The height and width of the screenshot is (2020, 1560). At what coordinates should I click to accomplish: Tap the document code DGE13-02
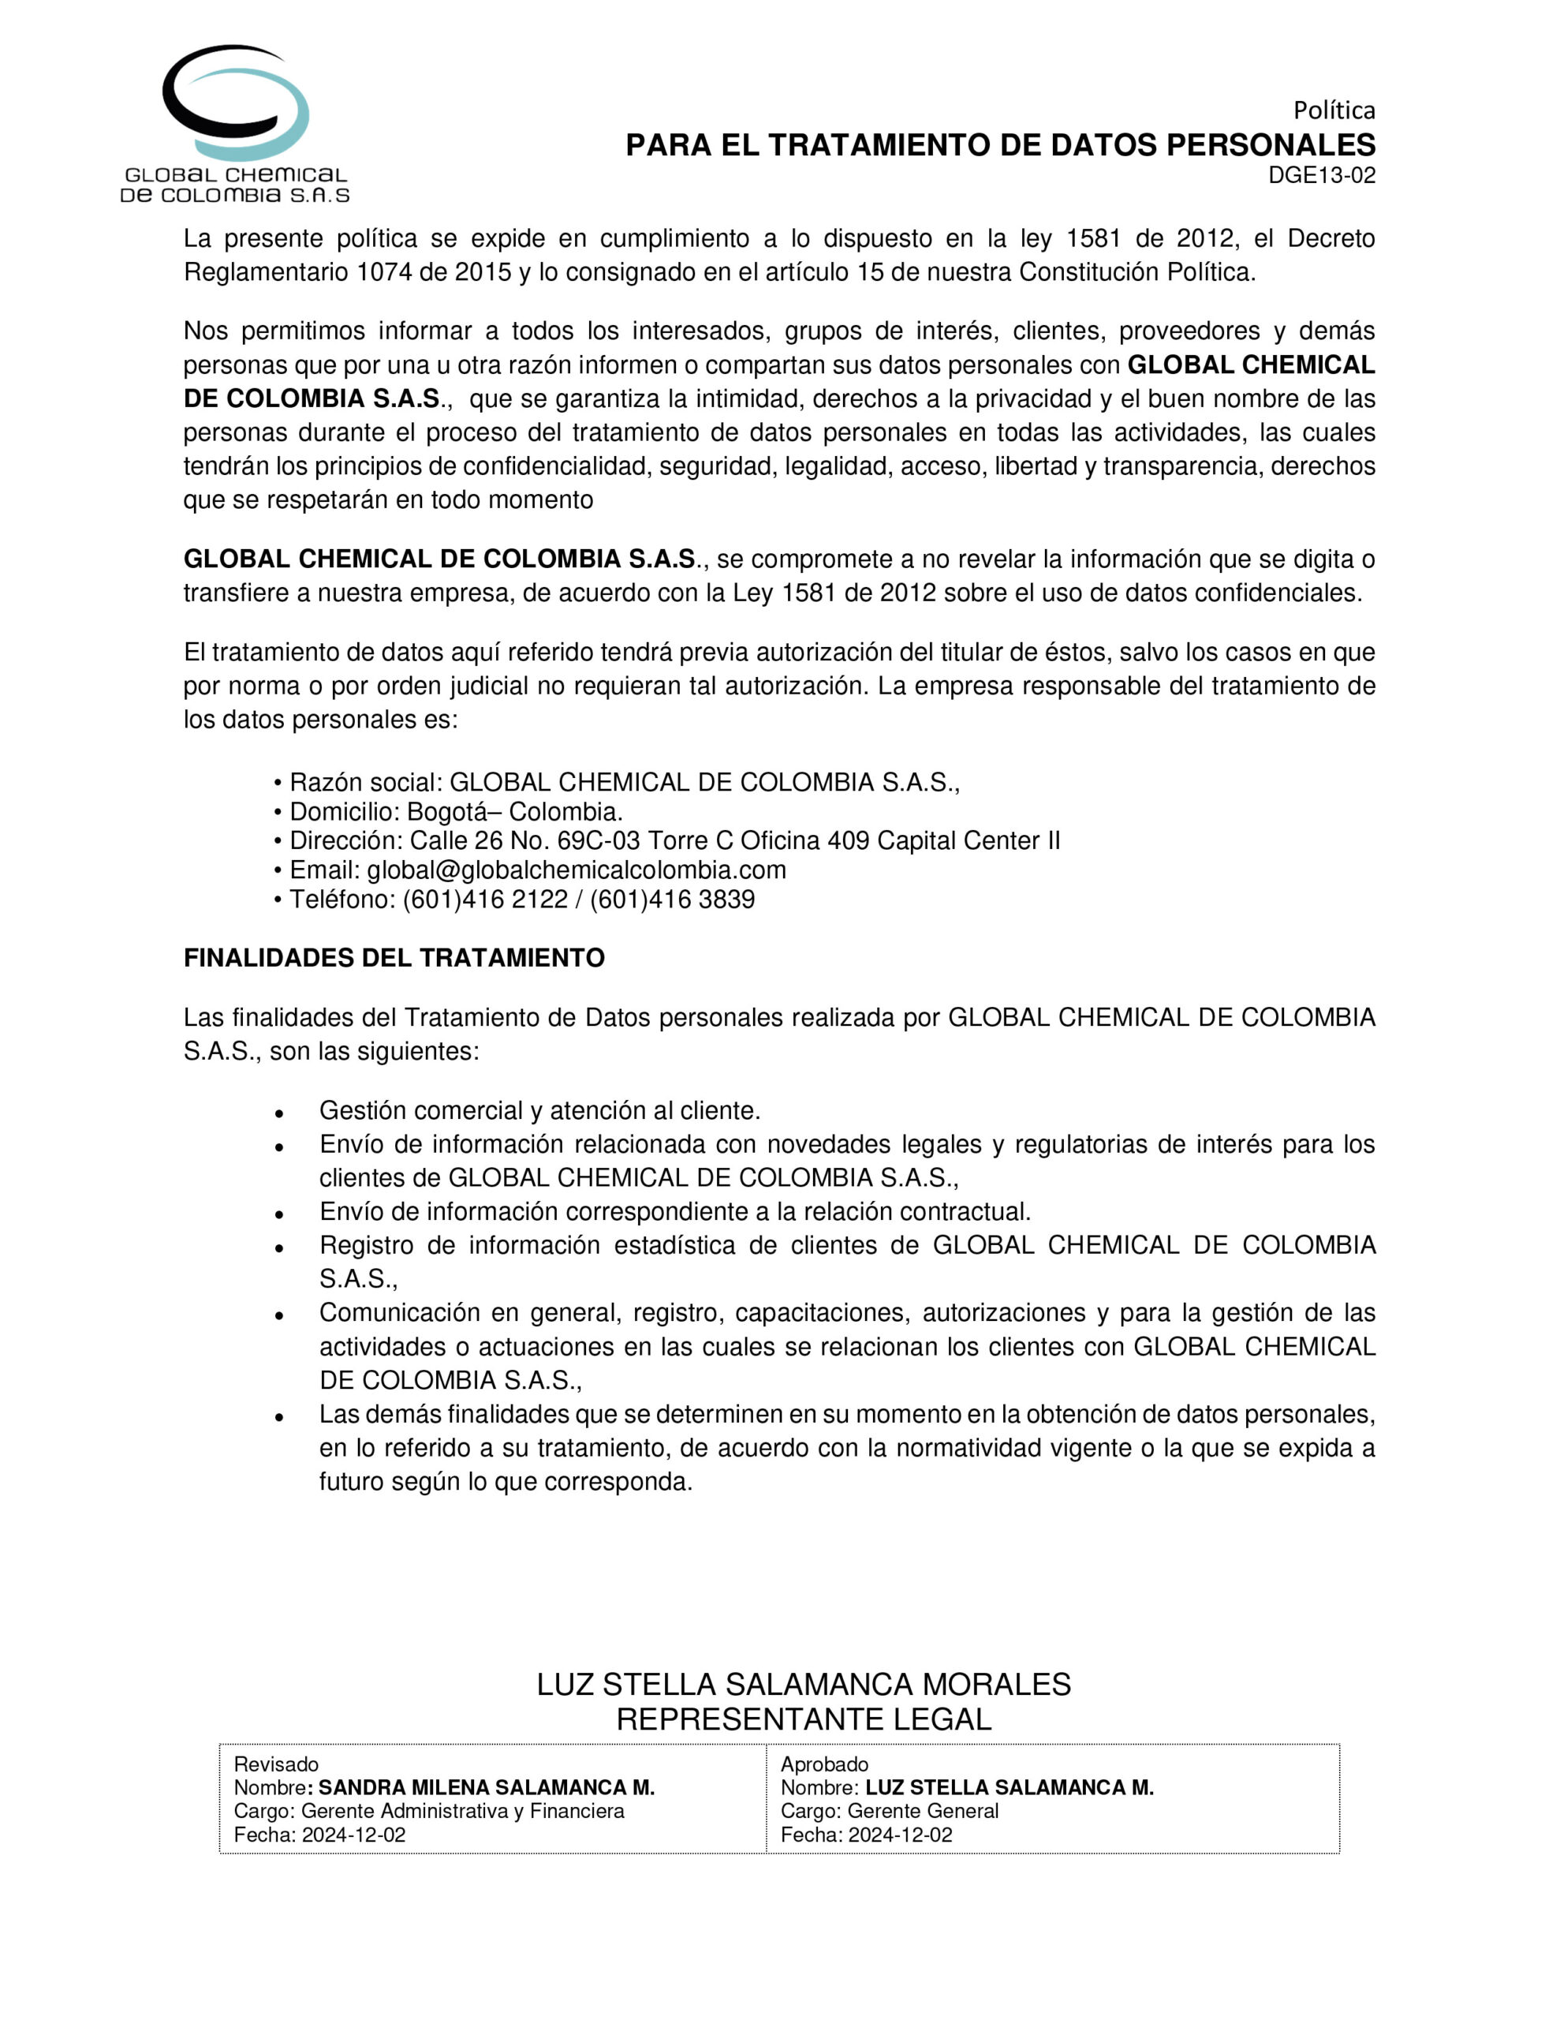(1321, 176)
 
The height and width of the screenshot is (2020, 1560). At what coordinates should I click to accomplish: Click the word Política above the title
(1334, 111)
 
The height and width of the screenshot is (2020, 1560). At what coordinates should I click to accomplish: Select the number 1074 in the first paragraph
(382, 273)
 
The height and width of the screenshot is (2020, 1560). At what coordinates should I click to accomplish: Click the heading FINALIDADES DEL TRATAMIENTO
(394, 958)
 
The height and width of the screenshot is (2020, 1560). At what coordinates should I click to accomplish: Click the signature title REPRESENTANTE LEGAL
(804, 1719)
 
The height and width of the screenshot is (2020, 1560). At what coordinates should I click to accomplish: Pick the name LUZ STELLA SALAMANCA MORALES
(804, 1685)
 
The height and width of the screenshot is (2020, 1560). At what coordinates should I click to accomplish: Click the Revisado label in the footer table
(275, 1764)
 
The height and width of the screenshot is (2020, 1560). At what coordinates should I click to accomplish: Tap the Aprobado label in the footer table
(824, 1764)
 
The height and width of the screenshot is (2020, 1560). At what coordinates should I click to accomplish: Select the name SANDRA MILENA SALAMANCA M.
(487, 1788)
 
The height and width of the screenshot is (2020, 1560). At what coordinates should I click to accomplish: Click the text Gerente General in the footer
(922, 1811)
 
